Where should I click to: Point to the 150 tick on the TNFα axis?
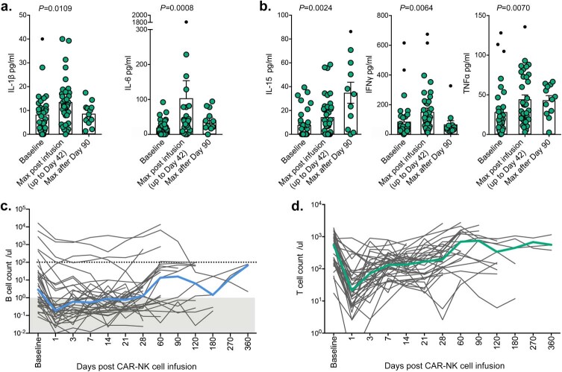[478, 15]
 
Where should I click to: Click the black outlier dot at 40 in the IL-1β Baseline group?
[43, 39]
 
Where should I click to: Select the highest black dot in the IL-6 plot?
[186, 22]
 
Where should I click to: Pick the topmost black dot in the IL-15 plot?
[351, 32]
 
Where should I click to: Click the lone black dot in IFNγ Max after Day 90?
[451, 86]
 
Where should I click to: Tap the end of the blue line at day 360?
[248, 265]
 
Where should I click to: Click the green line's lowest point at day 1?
[353, 290]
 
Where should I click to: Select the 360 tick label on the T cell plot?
[552, 344]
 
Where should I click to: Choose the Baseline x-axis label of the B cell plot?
[38, 351]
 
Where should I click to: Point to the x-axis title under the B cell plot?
[136, 366]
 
